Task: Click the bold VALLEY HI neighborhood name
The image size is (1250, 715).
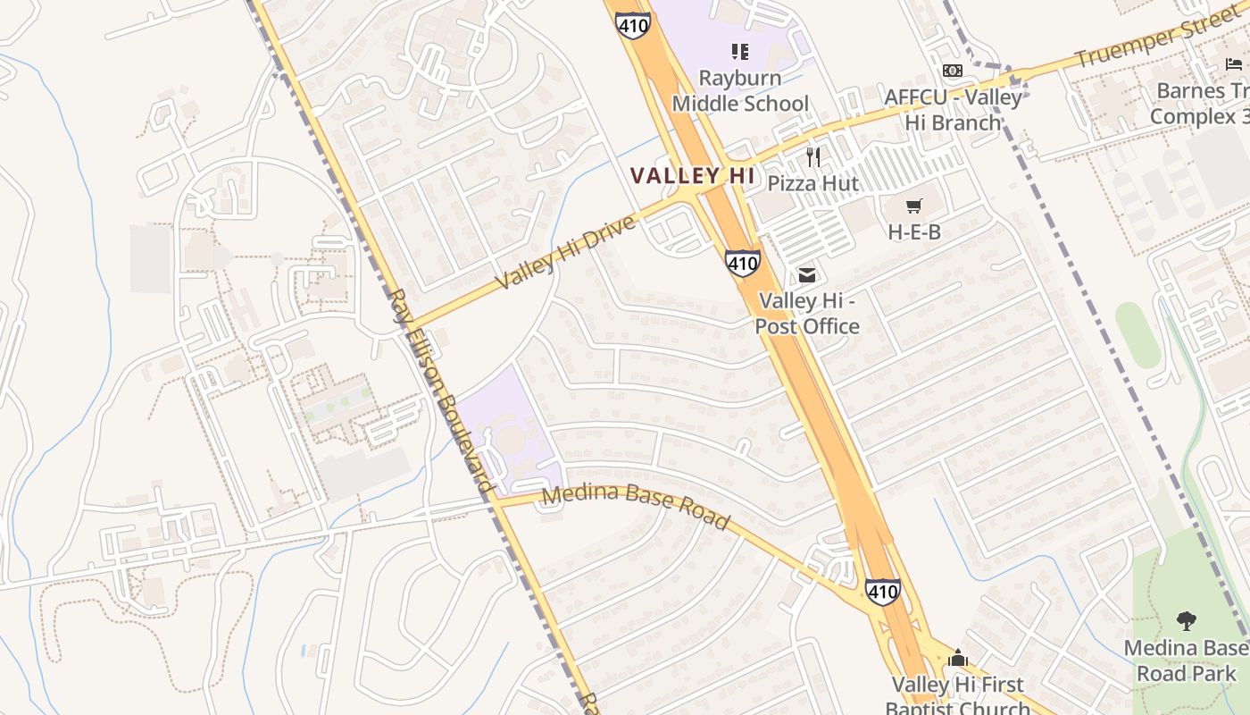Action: coord(693,175)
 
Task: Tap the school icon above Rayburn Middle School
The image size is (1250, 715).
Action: coord(739,52)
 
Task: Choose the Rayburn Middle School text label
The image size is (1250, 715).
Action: coord(740,91)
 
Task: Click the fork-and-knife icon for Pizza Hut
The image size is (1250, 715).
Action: coord(812,157)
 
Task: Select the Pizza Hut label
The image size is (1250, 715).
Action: coord(813,184)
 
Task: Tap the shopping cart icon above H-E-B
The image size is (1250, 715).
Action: coord(913,206)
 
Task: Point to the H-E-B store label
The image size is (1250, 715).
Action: coord(914,232)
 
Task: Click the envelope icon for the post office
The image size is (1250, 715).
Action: coord(807,275)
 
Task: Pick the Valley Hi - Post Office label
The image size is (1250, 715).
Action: coord(807,314)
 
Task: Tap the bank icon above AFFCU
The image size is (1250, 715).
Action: coord(953,71)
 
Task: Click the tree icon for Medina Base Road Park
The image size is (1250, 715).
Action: coord(1186,620)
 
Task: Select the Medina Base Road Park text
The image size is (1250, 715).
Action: coord(1187,660)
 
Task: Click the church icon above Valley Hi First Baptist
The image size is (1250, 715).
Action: coord(958,659)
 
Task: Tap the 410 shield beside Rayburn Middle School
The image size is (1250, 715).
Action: coord(632,24)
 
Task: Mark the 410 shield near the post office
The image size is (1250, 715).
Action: coord(743,263)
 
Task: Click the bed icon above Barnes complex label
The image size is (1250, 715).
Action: coord(1234,63)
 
